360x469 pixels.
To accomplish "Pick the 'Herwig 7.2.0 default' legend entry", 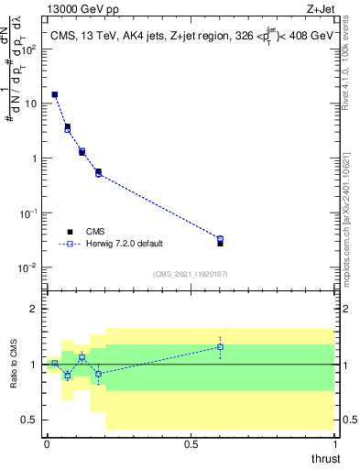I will click(117, 245).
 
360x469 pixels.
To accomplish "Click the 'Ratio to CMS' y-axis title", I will click(14, 364).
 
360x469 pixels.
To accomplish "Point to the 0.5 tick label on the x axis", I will click(191, 442).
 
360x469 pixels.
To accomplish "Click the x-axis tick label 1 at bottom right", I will click(335, 442).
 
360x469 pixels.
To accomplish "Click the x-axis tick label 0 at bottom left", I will click(47, 442).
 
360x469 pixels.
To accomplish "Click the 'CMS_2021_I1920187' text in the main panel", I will click(191, 274).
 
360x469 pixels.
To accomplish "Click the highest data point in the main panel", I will click(55, 94).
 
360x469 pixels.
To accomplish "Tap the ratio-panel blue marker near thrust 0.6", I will click(220, 346).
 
